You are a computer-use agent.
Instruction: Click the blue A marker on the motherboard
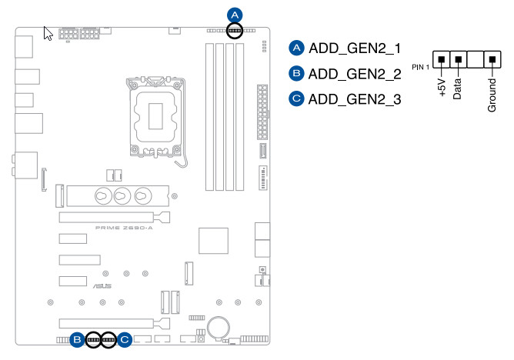click(x=235, y=14)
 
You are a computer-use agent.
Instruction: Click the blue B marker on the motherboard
click(x=77, y=338)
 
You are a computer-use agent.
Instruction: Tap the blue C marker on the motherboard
click(x=125, y=338)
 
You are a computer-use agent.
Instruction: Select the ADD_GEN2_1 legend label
click(x=355, y=48)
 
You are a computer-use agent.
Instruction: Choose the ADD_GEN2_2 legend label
click(x=355, y=74)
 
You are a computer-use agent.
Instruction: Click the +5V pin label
click(x=442, y=85)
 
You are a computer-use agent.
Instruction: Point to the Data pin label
click(x=458, y=84)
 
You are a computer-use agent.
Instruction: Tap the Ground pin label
click(x=492, y=92)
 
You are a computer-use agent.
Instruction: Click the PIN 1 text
click(x=421, y=68)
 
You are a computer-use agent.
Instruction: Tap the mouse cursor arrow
click(x=47, y=34)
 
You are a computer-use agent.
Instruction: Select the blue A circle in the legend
click(x=296, y=48)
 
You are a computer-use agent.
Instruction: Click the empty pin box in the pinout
click(x=475, y=60)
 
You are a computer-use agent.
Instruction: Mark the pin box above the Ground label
click(x=492, y=60)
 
